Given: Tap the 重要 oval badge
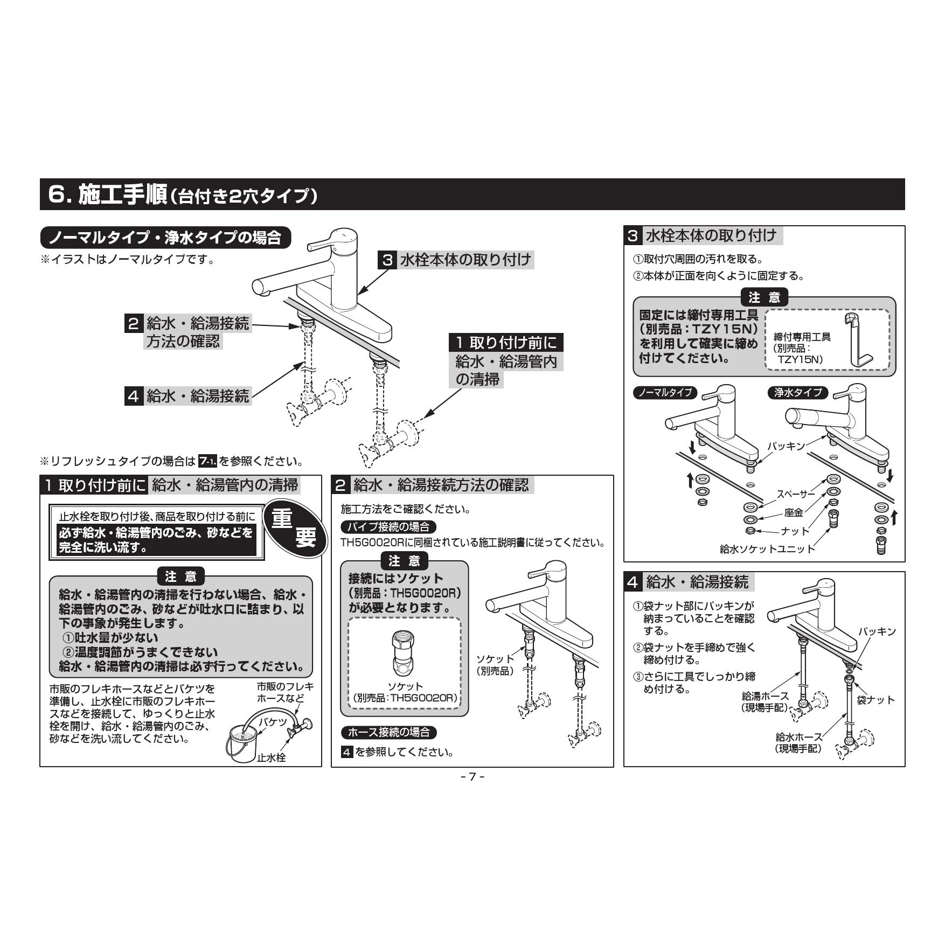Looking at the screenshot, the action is pos(294,529).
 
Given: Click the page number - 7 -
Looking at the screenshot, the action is pos(472,776).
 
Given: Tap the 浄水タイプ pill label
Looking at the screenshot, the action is pos(798,392).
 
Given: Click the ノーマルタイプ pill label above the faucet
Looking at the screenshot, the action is pos(665,392).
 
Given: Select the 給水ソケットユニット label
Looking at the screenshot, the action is pos(767,548).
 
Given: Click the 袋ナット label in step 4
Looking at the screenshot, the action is pos(875,699).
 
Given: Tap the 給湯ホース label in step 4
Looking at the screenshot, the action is pos(765,696).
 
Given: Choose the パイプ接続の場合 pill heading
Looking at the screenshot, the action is pos(388,526).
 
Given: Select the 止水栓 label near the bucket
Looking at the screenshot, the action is pos(272,757).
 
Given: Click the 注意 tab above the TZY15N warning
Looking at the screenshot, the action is pos(764,297).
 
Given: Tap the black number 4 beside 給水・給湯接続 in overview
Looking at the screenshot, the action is pos(133,397).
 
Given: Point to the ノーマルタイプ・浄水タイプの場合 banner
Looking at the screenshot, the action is pos(165,238).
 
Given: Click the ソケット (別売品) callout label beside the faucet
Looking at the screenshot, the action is pos(495,664).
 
